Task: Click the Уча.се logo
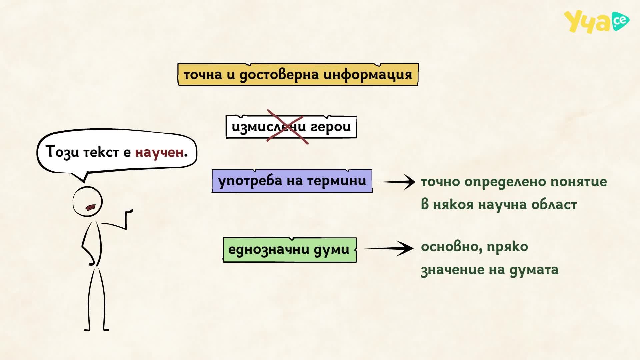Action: click(596, 22)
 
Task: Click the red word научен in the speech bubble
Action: click(159, 152)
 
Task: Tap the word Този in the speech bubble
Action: click(63, 152)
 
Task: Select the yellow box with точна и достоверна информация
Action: click(298, 74)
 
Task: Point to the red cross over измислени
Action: click(287, 127)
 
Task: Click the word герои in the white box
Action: click(331, 127)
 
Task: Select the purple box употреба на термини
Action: click(292, 181)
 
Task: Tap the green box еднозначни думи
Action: click(290, 250)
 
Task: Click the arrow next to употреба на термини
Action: click(396, 182)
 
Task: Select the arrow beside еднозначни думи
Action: click(389, 248)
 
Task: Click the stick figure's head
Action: click(88, 202)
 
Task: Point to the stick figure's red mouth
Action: click(91, 208)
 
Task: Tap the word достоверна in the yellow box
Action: click(280, 75)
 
